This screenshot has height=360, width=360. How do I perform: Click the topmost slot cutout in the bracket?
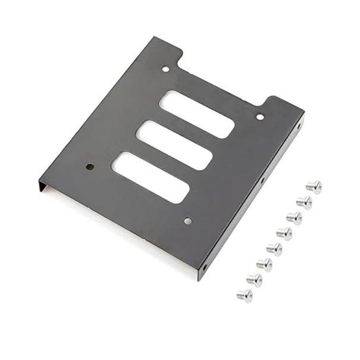click(x=196, y=114)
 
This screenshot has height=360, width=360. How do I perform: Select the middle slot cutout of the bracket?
click(x=174, y=145)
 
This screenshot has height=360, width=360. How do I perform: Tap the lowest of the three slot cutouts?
click(x=151, y=177)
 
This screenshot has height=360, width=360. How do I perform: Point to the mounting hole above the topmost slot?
click(x=165, y=70)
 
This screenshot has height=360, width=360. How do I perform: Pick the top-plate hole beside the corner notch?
click(x=260, y=117)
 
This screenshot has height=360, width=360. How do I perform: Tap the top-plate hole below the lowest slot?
click(x=188, y=221)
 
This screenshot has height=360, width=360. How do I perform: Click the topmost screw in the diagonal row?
click(x=314, y=186)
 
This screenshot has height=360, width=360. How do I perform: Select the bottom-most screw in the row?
click(x=244, y=295)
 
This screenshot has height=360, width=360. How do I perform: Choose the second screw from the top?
click(x=304, y=202)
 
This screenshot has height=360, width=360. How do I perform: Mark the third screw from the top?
click(x=294, y=218)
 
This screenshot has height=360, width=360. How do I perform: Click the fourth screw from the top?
click(x=284, y=233)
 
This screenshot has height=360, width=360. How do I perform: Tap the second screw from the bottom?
click(x=254, y=280)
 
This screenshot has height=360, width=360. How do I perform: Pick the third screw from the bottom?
click(x=264, y=264)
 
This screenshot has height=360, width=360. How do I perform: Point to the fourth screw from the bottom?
click(x=274, y=249)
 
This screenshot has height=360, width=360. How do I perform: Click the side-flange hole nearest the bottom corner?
click(x=206, y=267)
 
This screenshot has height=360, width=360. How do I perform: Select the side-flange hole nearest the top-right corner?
click(x=299, y=126)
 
